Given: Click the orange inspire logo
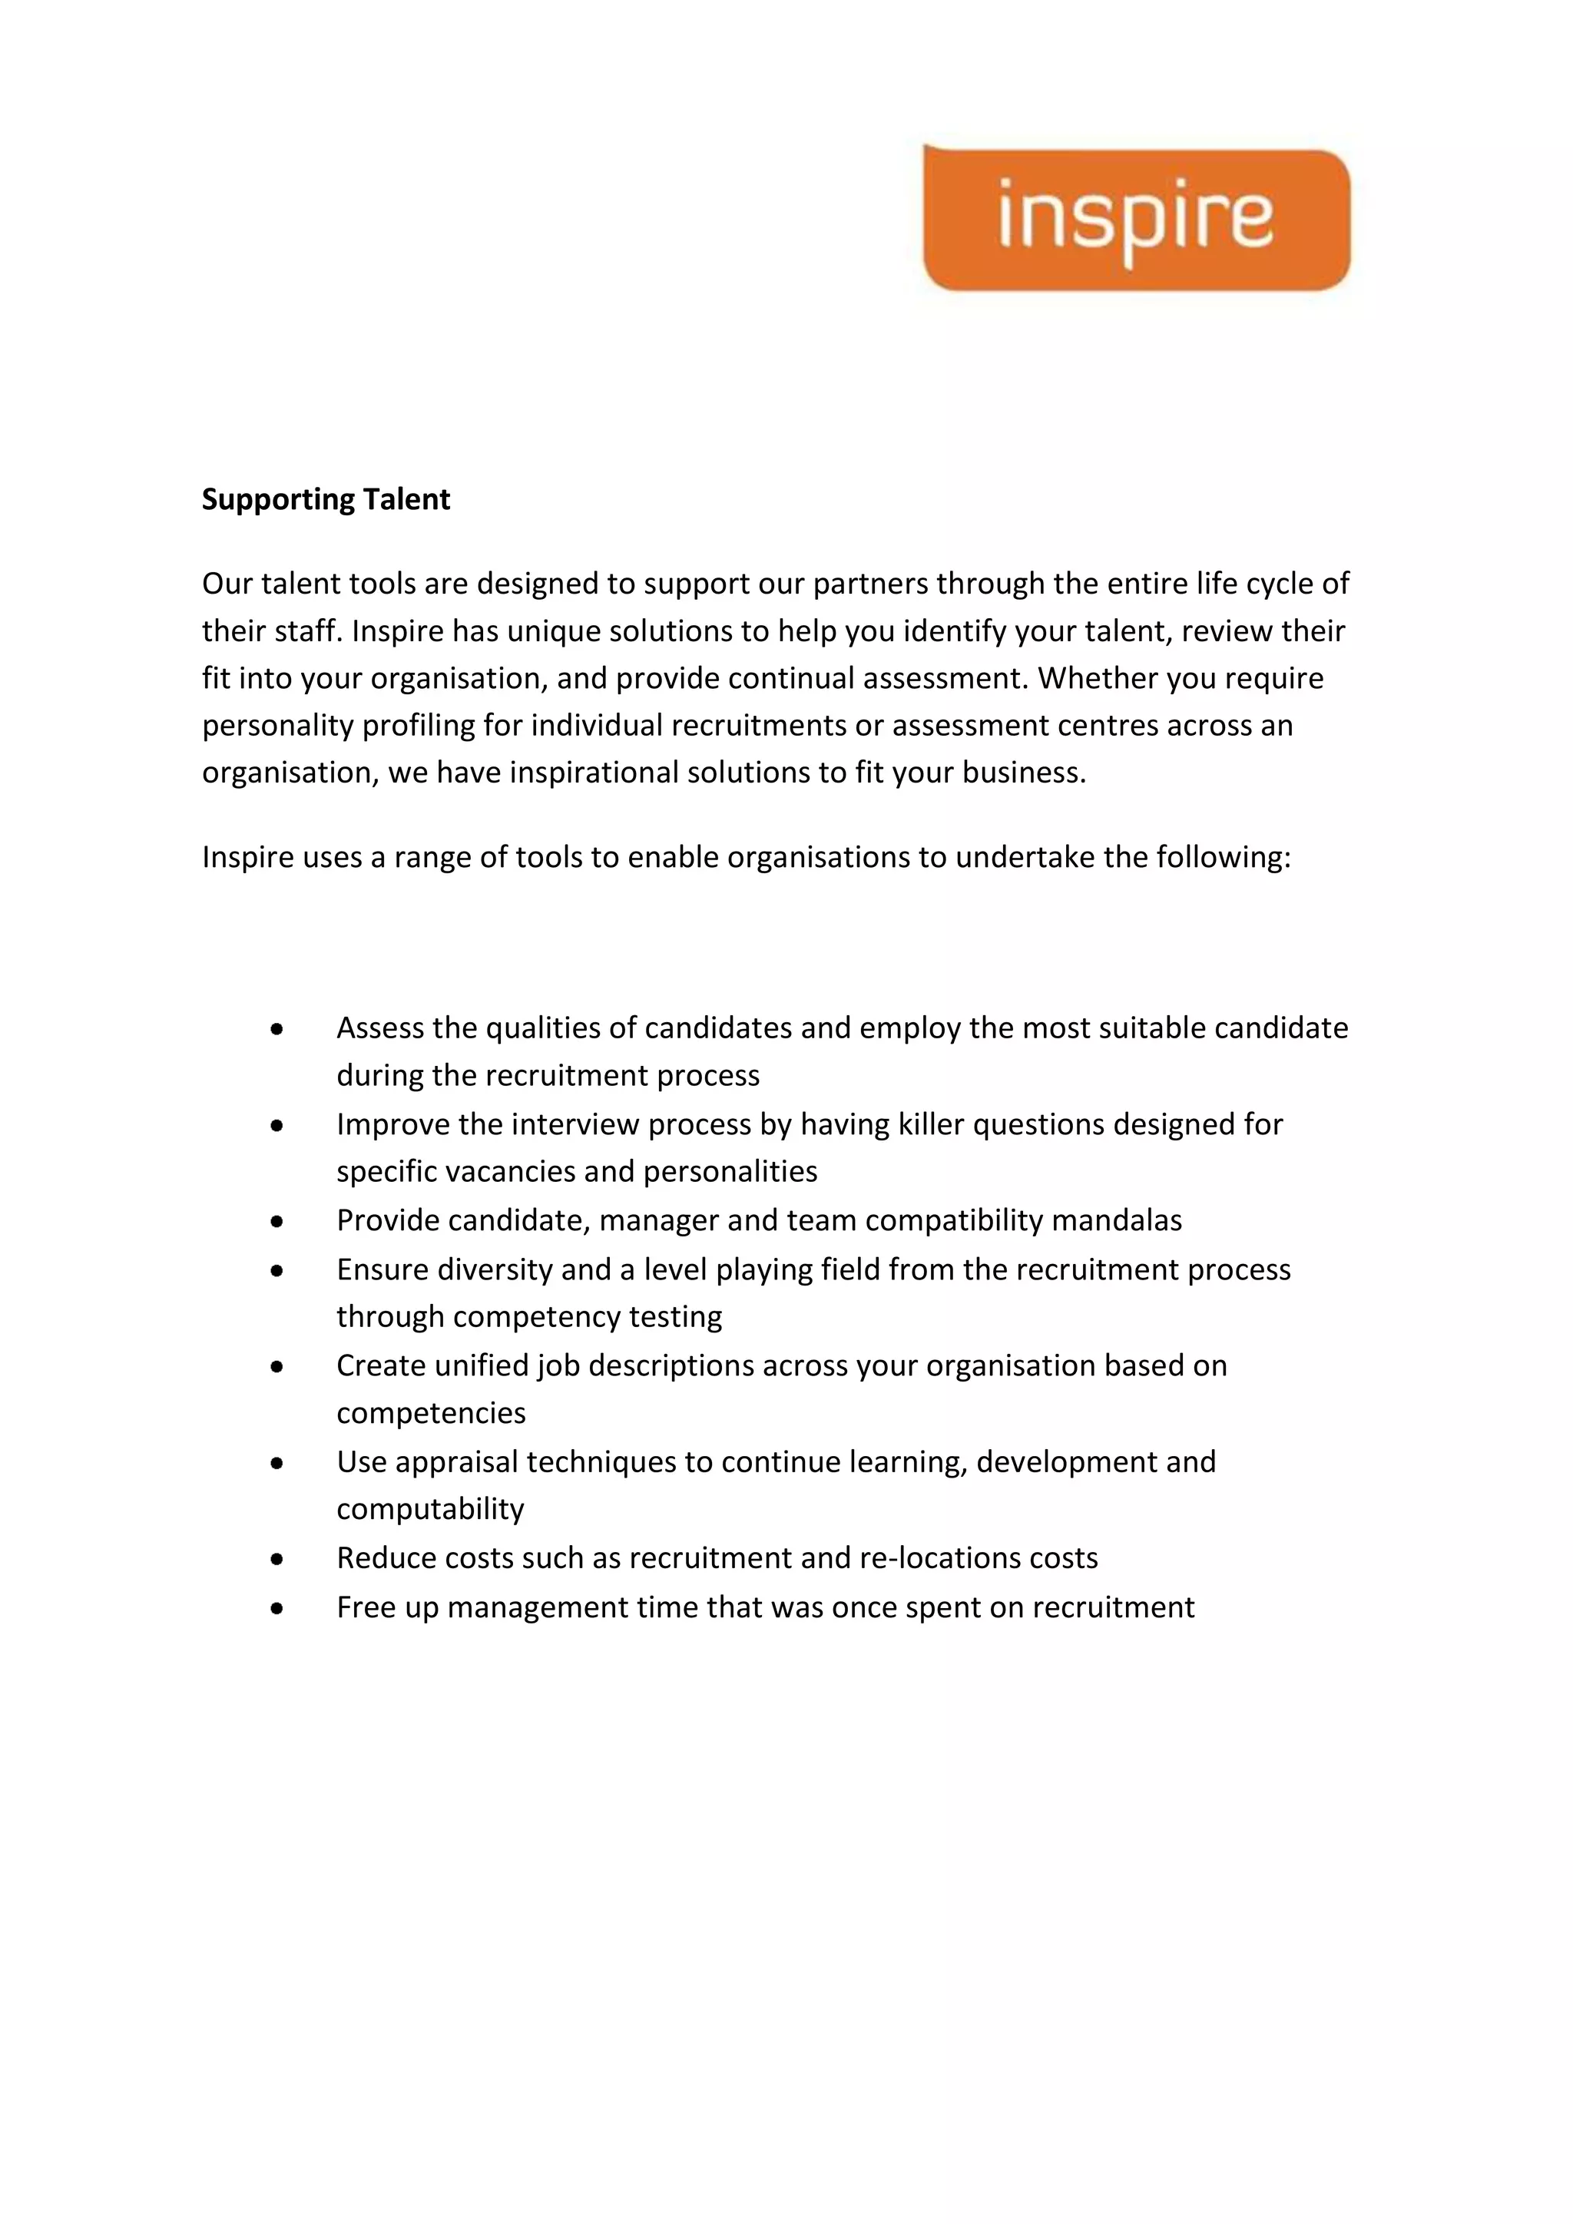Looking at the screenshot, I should (1135, 219).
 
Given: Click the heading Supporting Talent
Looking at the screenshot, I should (326, 499).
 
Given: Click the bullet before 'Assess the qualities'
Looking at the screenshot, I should (277, 1030).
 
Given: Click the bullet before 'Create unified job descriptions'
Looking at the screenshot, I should (277, 1368).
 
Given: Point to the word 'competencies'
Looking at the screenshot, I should (431, 1413).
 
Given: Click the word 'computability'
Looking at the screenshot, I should (430, 1509).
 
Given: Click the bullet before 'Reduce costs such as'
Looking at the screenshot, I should (277, 1560).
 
